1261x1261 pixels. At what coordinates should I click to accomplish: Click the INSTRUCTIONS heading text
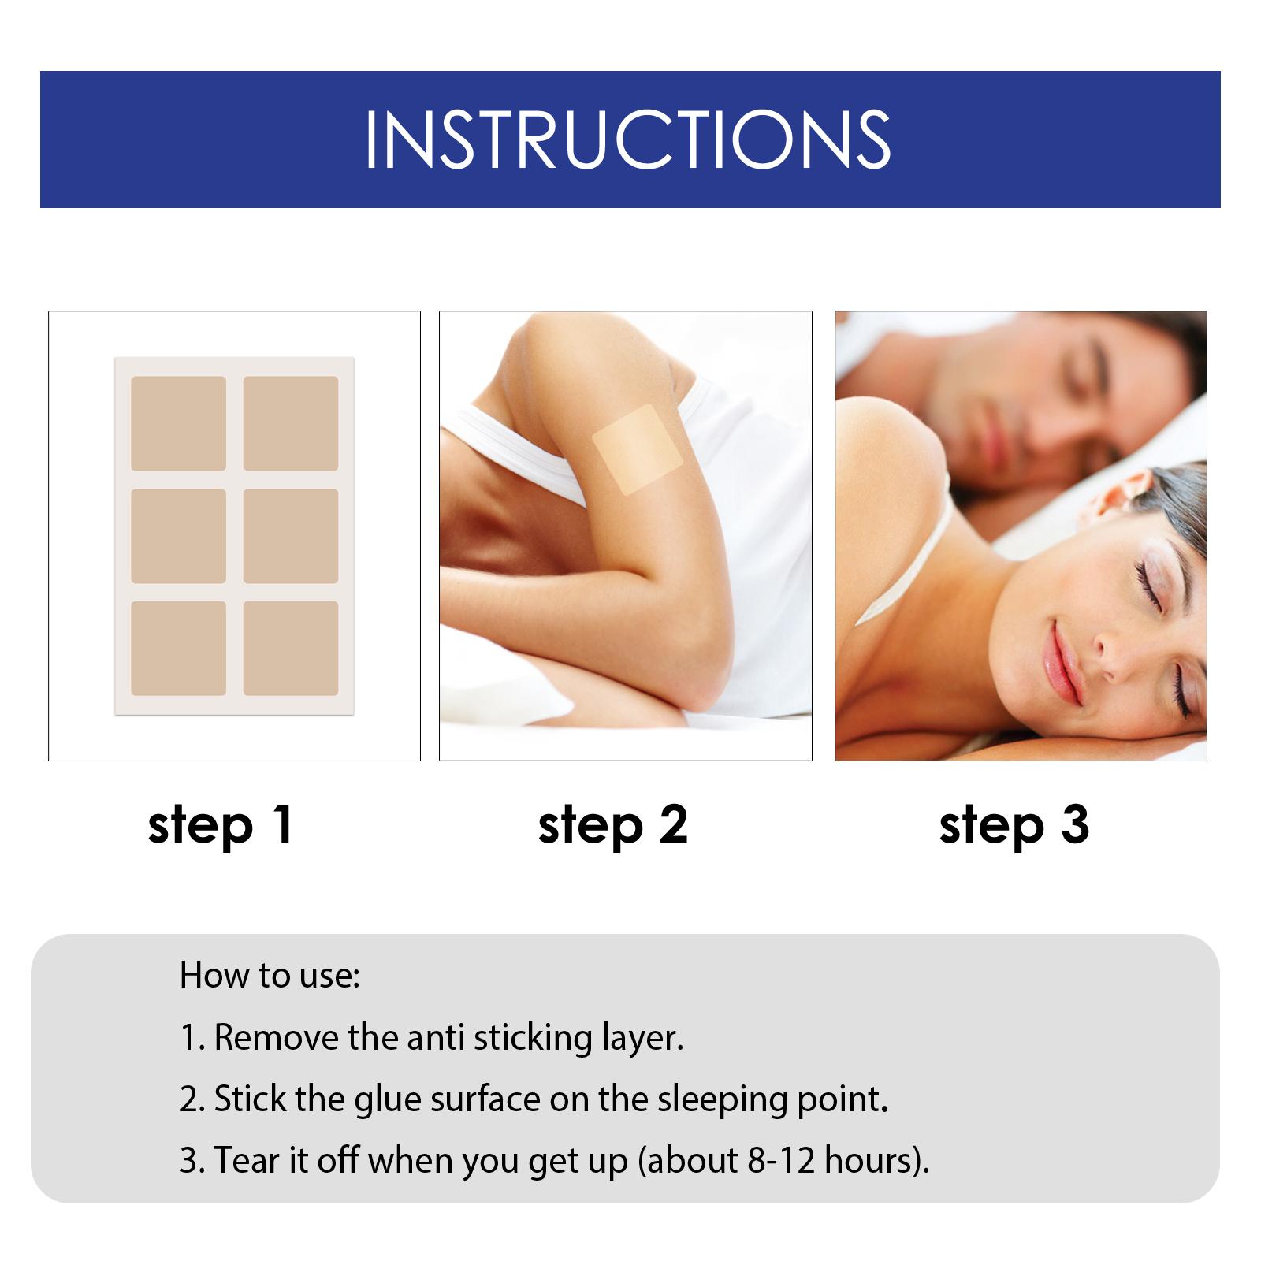pos(628,139)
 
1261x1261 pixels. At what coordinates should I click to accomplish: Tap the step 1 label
pos(221,825)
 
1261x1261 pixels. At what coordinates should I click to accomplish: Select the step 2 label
pos(612,825)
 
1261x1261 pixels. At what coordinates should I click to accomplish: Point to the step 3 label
pos(1014,825)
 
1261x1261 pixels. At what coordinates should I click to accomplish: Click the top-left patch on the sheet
pos(178,423)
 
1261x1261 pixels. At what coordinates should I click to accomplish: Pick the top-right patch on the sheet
pos(290,423)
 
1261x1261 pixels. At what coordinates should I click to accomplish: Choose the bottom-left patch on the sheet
pos(178,649)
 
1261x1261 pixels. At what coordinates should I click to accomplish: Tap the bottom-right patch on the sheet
pos(290,649)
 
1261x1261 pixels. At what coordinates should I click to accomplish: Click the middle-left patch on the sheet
pos(178,536)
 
